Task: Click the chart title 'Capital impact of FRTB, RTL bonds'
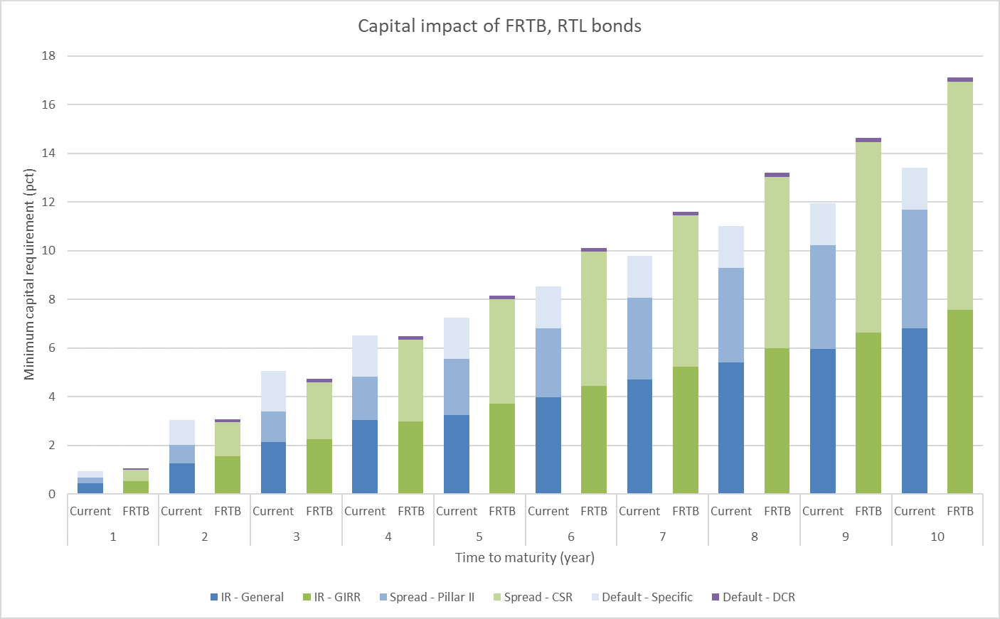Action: [x=499, y=26]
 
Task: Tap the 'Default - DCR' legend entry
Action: [x=758, y=597]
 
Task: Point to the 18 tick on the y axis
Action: [x=48, y=55]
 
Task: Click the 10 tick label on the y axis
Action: [x=48, y=251]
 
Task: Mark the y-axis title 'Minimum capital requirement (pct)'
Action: [x=29, y=274]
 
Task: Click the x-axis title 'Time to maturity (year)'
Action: [x=525, y=557]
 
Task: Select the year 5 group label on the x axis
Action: [x=479, y=537]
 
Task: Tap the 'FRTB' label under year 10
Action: [x=960, y=511]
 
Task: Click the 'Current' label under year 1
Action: [x=90, y=511]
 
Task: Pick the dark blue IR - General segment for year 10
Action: [x=915, y=411]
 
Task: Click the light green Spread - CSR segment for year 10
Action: [x=960, y=195]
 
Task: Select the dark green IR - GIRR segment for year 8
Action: [x=777, y=421]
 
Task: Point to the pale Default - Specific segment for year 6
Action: [x=548, y=307]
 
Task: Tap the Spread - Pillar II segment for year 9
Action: [x=823, y=297]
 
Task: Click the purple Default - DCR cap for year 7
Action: [x=686, y=213]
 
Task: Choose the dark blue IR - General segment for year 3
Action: [x=273, y=468]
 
